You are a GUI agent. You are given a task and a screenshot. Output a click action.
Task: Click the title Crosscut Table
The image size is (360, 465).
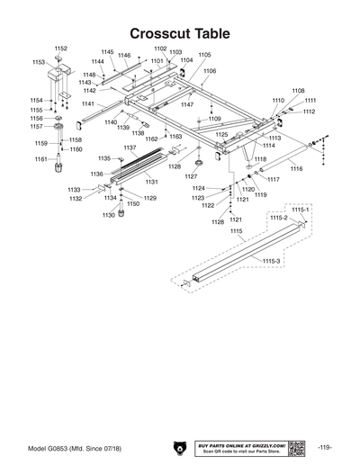(179, 33)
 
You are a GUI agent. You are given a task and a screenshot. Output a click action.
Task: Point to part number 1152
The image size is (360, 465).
(61, 48)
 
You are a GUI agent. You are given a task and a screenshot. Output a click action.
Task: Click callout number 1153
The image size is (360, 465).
(39, 62)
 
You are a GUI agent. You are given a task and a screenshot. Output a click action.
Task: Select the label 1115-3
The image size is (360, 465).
(272, 260)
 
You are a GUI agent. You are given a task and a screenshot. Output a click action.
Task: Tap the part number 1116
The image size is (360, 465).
(296, 169)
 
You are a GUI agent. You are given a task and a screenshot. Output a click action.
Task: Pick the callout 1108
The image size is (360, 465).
(298, 91)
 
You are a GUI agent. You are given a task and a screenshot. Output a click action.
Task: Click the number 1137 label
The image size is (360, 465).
(130, 147)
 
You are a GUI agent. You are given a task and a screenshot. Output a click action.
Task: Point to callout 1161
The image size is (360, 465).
(40, 159)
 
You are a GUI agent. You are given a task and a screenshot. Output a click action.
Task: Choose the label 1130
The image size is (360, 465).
(108, 215)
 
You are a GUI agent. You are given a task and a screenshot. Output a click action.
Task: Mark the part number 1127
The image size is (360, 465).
(192, 176)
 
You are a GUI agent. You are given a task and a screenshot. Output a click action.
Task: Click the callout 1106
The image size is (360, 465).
(210, 70)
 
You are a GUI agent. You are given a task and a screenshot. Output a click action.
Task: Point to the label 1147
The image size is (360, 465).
(187, 105)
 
